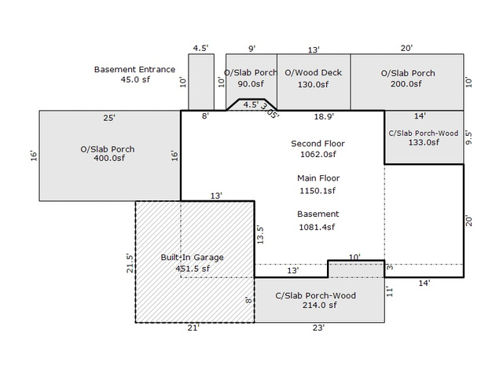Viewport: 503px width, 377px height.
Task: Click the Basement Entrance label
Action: [x=134, y=70]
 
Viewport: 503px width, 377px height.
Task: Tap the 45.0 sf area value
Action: [x=135, y=79]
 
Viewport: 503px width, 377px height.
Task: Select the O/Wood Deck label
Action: [x=313, y=73]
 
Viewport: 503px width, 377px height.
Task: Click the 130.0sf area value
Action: [x=313, y=84]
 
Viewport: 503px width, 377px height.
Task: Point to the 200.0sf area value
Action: [x=406, y=84]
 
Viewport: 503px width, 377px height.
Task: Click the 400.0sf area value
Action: [x=109, y=158]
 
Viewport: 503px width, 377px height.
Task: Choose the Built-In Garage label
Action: [x=192, y=258]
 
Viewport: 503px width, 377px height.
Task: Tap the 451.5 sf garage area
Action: [x=193, y=269]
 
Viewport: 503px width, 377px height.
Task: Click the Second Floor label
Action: [x=318, y=144]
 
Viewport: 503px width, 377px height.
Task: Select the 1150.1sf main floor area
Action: [x=318, y=191]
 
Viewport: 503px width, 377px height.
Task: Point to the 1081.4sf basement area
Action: [x=317, y=227]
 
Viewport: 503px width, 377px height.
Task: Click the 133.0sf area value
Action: [x=424, y=142]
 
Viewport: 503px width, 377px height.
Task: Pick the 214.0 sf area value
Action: [x=320, y=306]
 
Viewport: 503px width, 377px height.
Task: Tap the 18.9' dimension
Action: [x=324, y=116]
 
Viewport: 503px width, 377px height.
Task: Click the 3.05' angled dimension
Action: [x=270, y=111]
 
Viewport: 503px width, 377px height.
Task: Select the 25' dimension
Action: [x=109, y=118]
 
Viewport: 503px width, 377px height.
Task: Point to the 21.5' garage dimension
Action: [x=130, y=263]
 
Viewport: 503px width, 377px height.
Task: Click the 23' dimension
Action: [x=318, y=328]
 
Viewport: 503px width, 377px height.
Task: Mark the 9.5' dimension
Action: [x=468, y=137]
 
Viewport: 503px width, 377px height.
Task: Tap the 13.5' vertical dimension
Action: [x=260, y=235]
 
